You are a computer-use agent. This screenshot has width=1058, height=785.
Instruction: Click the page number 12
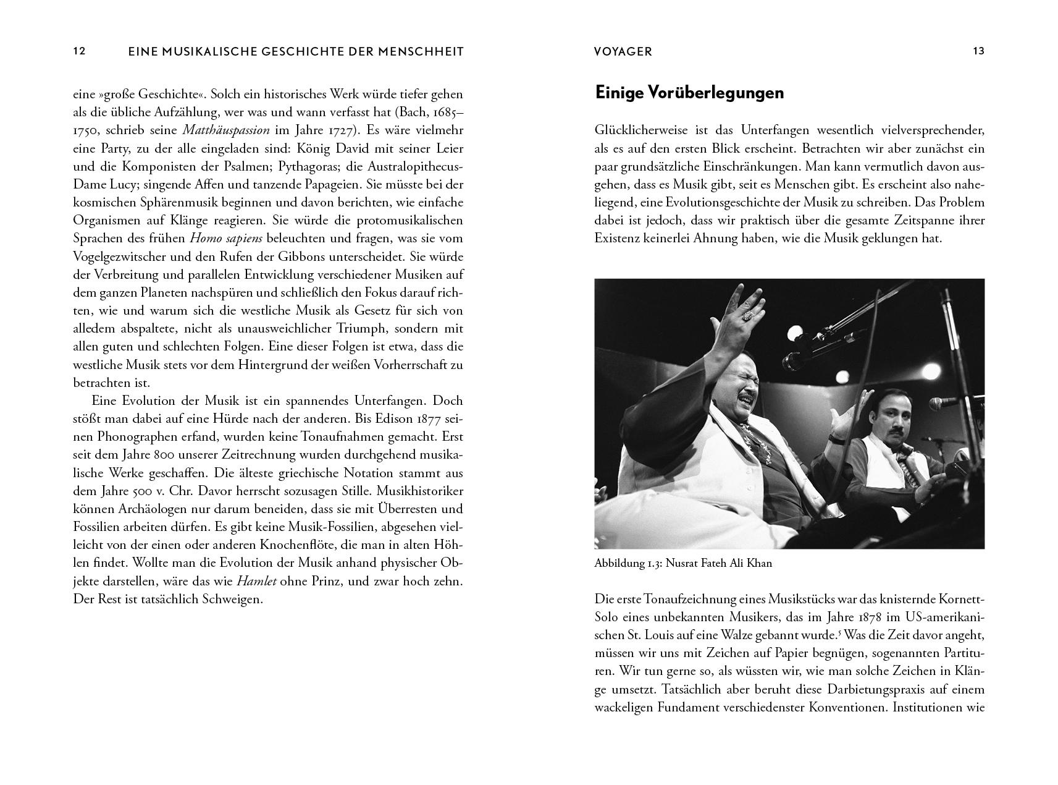(79, 51)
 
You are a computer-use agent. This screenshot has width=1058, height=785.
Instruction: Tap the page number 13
(978, 51)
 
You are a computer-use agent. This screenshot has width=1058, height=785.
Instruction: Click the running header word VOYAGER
(623, 52)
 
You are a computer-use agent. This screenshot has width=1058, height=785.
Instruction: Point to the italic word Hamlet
(256, 582)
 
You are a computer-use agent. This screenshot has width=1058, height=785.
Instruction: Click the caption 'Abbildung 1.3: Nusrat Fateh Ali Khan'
(682, 564)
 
